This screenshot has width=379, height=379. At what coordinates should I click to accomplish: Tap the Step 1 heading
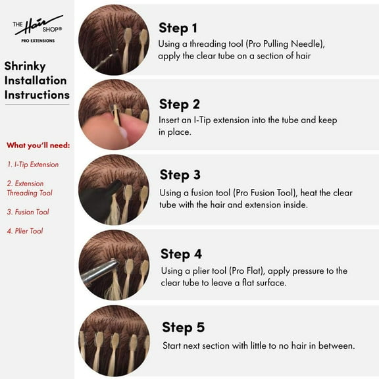178,28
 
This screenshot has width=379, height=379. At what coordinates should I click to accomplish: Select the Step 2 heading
180,105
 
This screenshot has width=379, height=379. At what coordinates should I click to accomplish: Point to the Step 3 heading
180,175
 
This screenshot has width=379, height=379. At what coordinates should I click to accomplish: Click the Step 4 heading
181,254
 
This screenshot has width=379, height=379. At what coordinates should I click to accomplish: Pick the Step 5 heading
183,327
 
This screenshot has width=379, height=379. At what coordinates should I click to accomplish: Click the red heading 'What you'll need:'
38,145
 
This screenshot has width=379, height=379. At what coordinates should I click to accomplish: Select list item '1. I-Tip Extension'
33,164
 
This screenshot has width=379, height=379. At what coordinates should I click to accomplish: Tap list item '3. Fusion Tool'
28,212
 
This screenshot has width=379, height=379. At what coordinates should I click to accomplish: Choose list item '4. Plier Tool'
25,231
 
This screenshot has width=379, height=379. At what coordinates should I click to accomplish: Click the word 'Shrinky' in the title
25,66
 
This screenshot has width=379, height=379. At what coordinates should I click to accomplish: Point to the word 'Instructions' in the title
37,95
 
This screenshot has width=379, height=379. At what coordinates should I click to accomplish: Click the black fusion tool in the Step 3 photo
99,199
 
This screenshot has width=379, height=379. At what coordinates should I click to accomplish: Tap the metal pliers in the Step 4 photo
99,272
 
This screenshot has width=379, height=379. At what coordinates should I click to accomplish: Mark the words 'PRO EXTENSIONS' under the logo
38,41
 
